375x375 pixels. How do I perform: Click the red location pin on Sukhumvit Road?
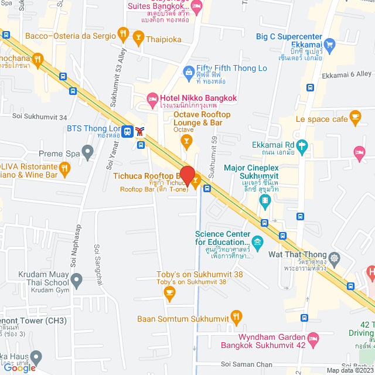click(187, 175)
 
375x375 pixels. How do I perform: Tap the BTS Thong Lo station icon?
click(127, 129)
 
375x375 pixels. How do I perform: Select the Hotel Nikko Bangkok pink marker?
click(152, 97)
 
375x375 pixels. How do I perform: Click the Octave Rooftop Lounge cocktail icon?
click(186, 140)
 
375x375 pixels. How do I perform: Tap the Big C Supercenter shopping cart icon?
click(329, 44)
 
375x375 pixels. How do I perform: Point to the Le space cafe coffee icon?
click(355, 118)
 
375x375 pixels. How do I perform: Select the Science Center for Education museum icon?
click(258, 241)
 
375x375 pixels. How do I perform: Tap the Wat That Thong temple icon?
click(335, 257)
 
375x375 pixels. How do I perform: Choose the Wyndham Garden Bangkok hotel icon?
click(313, 339)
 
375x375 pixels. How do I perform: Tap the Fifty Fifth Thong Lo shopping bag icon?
click(188, 72)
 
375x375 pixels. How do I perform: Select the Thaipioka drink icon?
click(138, 39)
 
